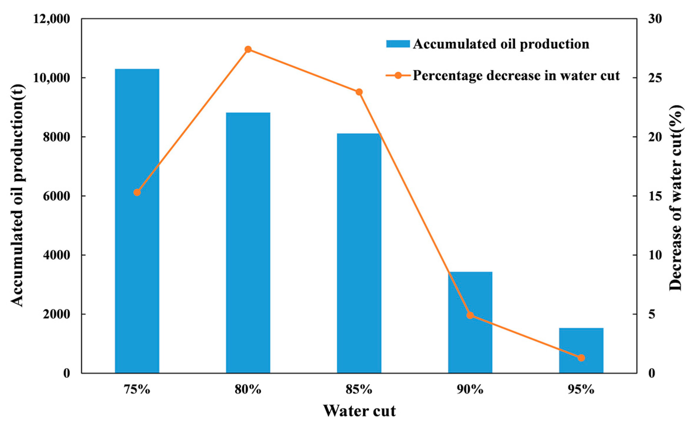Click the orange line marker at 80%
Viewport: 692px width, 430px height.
pyautogui.click(x=248, y=49)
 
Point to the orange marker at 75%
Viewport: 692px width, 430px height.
pyautogui.click(x=137, y=192)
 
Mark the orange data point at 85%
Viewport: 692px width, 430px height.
pyautogui.click(x=359, y=92)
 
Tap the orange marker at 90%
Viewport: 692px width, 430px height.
pyautogui.click(x=470, y=315)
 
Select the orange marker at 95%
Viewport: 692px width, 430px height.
pyautogui.click(x=581, y=358)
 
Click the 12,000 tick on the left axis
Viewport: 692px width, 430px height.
pyautogui.click(x=52, y=19)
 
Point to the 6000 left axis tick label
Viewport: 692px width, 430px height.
pyautogui.click(x=56, y=196)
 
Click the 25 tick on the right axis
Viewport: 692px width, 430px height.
pyautogui.click(x=655, y=78)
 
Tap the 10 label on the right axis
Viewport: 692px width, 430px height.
pyautogui.click(x=655, y=255)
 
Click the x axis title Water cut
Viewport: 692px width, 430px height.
pyautogui.click(x=359, y=411)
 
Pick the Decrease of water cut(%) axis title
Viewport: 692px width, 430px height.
pyautogui.click(x=676, y=198)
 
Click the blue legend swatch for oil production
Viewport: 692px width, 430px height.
pyautogui.click(x=398, y=44)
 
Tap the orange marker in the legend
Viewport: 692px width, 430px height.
pyautogui.click(x=398, y=76)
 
